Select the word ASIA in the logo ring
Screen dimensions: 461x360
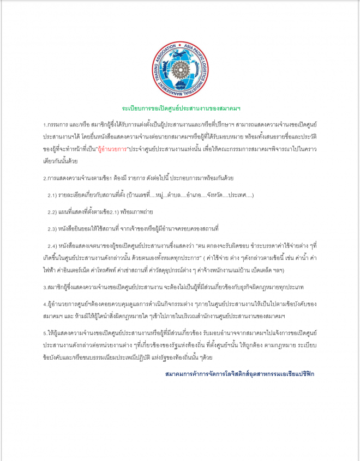click(190, 47)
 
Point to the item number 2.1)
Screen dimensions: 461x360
click(53, 195)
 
